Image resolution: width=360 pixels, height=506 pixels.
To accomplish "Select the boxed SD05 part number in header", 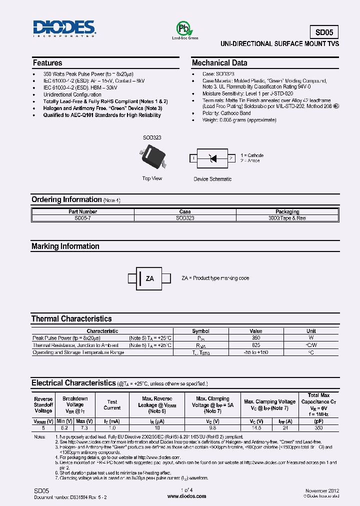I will pyautogui.click(x=324, y=32).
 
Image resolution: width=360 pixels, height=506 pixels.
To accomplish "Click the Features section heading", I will pyautogui.click(x=47, y=63).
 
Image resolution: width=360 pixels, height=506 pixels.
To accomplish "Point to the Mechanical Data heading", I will pyautogui.click(x=219, y=63).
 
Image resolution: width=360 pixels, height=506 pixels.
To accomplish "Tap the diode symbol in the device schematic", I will pyautogui.click(x=213, y=158).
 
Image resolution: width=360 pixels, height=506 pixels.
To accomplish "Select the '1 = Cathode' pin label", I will pyautogui.click(x=252, y=155).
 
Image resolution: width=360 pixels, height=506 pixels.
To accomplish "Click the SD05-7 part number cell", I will pyautogui.click(x=82, y=218).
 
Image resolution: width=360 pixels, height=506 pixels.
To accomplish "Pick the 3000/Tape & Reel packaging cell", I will pyautogui.click(x=287, y=218).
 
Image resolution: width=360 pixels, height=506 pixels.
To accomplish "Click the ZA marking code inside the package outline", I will pyautogui.click(x=150, y=278).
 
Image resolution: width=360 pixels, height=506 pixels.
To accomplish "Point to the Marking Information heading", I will pyautogui.click(x=65, y=246).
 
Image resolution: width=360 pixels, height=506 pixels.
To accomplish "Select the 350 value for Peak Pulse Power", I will pyautogui.click(x=255, y=338).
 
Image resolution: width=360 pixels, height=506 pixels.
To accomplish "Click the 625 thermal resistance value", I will pyautogui.click(x=255, y=345).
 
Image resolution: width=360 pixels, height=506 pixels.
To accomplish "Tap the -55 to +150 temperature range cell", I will pyautogui.click(x=255, y=352).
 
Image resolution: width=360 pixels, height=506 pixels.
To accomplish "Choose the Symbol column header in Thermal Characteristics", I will pyautogui.click(x=201, y=331).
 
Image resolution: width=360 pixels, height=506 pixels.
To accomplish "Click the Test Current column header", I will pyautogui.click(x=112, y=404).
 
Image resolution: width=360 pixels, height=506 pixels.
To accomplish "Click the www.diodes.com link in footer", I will pyautogui.click(x=186, y=496).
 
